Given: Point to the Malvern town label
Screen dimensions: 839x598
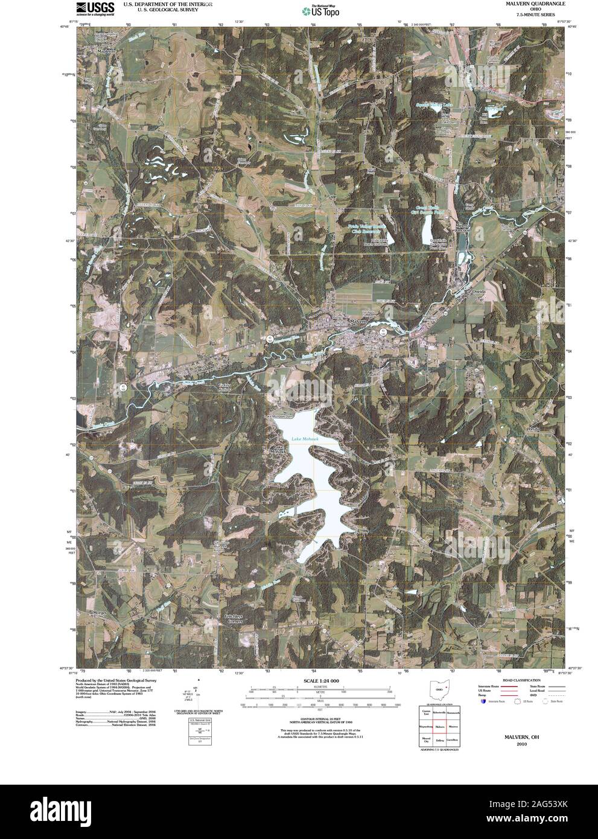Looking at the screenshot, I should coord(358,322).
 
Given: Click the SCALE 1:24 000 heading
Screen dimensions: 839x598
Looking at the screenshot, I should coord(318,680).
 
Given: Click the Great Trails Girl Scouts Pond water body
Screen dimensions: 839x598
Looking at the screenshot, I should coord(427,228).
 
